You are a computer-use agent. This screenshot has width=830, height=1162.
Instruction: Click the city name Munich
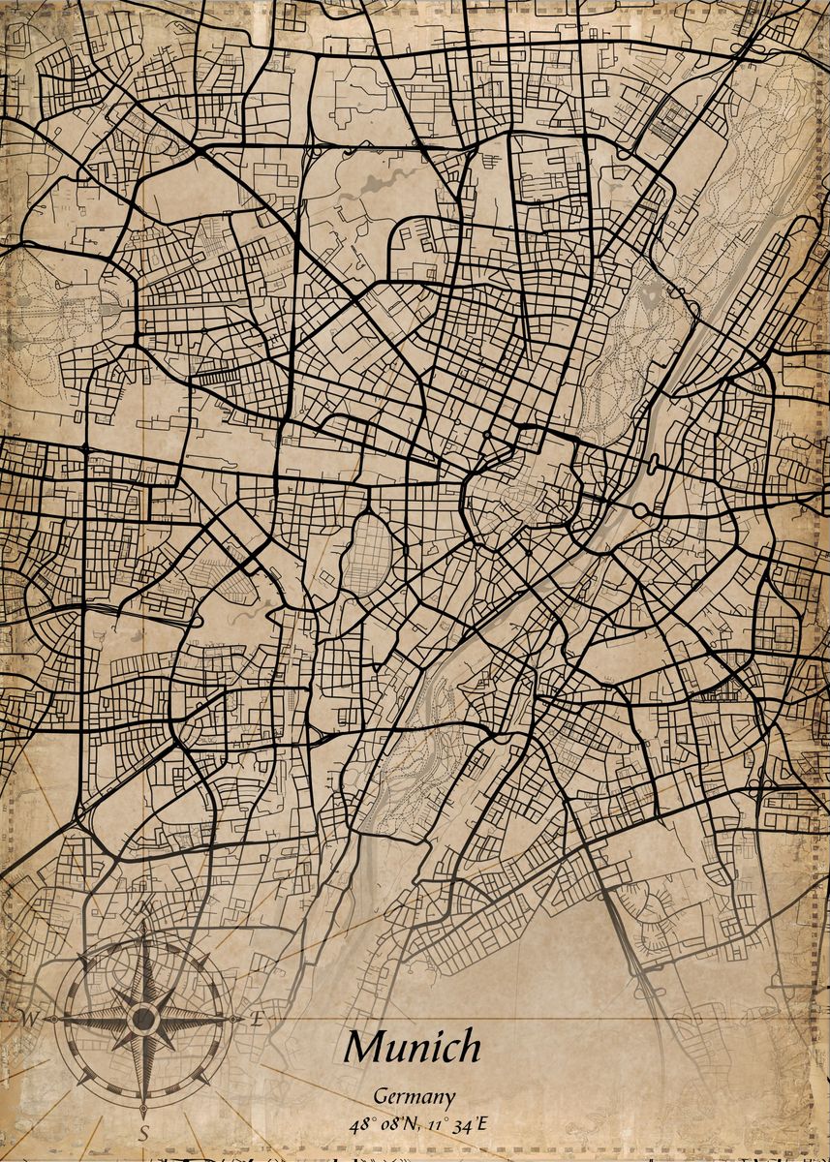(x=413, y=1047)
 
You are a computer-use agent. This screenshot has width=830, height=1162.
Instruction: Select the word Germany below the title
(x=415, y=1097)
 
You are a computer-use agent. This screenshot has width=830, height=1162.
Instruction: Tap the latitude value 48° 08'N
(x=383, y=1124)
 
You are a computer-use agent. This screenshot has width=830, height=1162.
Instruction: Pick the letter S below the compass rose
(x=143, y=1131)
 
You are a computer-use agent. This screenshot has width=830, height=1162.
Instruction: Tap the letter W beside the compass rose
(x=30, y=1018)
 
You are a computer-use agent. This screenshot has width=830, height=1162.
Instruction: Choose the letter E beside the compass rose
(x=257, y=1019)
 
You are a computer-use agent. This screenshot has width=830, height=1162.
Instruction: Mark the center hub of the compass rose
(x=143, y=1019)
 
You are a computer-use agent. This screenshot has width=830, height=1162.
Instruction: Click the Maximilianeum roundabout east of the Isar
(x=641, y=508)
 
